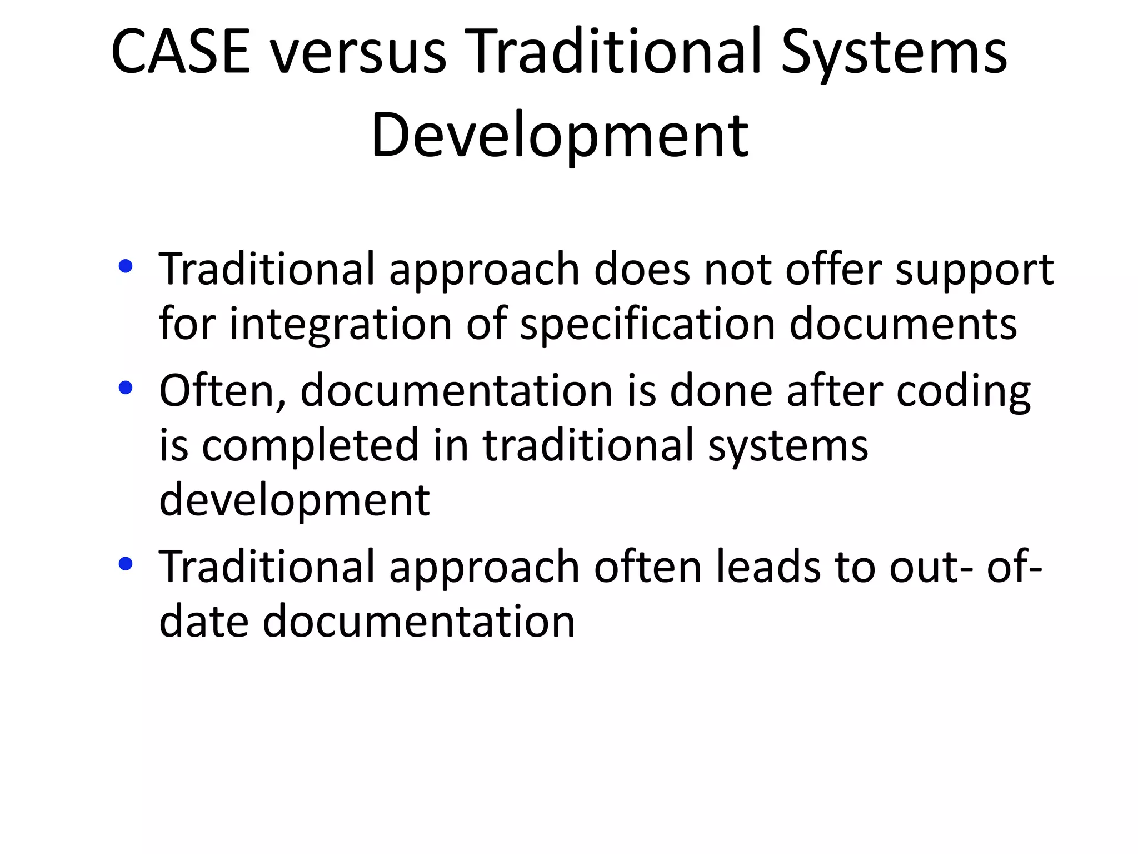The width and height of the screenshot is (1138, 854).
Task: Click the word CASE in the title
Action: click(x=181, y=52)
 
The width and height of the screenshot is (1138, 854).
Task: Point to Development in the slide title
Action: click(x=560, y=135)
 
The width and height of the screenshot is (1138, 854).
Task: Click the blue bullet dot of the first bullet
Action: click(x=126, y=266)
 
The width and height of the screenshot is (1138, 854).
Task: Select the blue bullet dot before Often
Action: click(x=126, y=388)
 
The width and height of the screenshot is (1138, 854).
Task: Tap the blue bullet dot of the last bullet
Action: click(x=126, y=564)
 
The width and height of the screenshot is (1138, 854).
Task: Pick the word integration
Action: click(x=340, y=324)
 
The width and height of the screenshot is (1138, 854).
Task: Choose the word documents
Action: click(x=903, y=324)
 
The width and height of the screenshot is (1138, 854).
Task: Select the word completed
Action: click(x=310, y=445)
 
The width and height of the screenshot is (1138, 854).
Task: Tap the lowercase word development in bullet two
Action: click(x=294, y=500)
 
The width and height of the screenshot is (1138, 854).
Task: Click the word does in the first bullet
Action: click(x=641, y=269)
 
